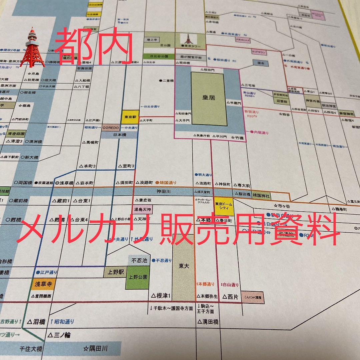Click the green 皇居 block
[x=208, y=99]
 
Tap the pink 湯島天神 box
[x=143, y=210]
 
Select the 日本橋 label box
[x=119, y=135]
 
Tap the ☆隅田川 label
[x=96, y=349]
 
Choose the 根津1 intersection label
[x=161, y=295]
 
